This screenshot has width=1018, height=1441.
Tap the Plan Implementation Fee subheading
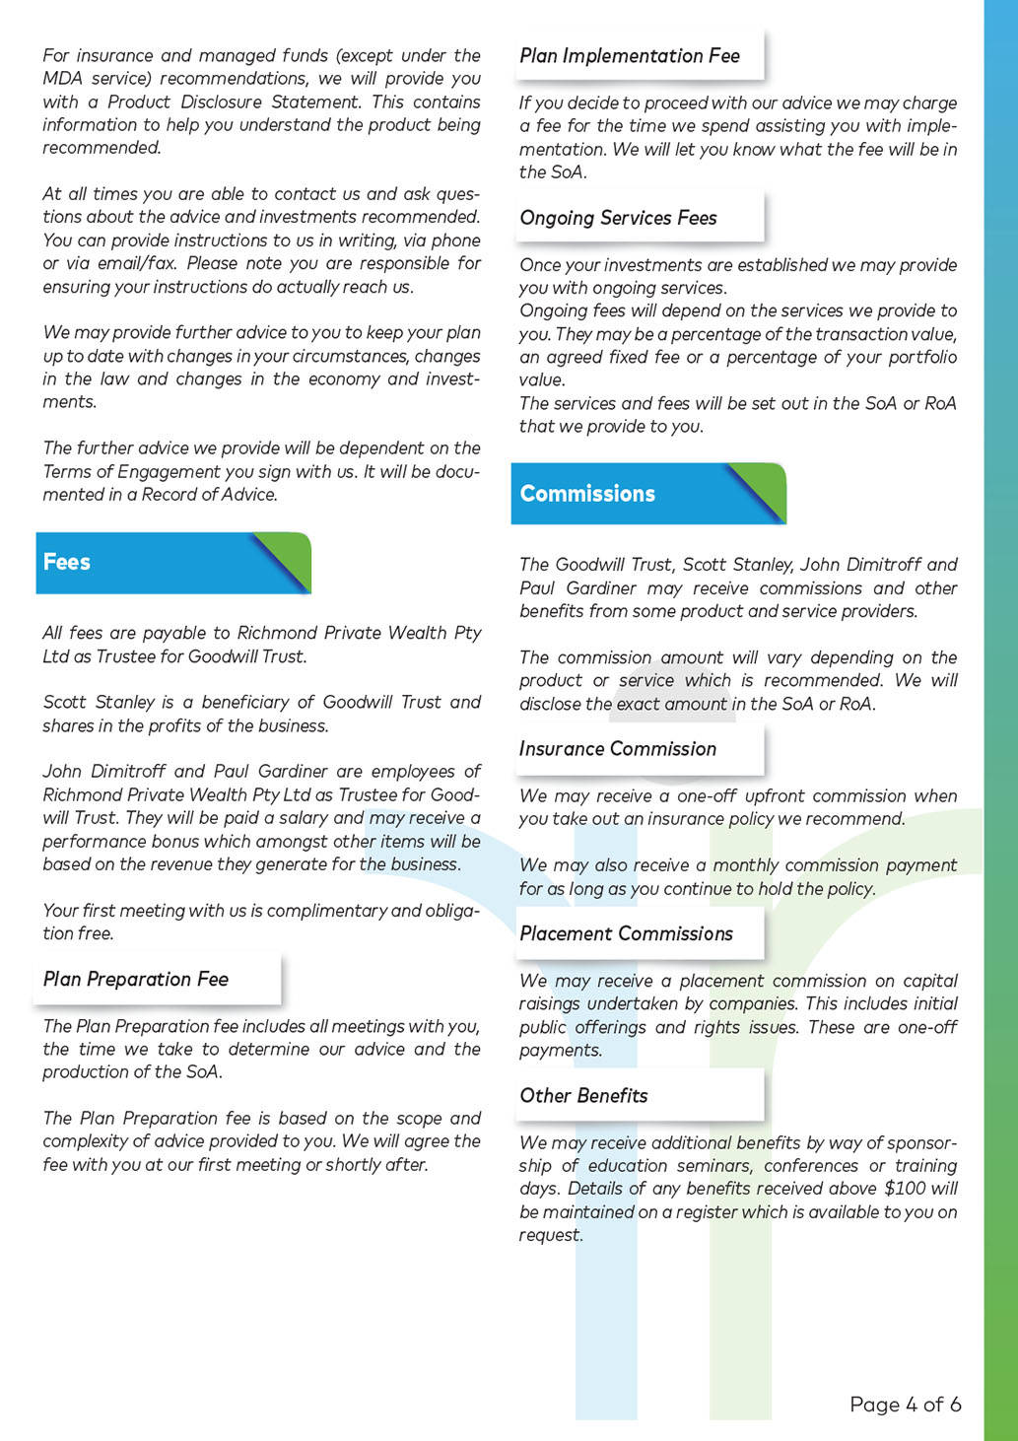(x=630, y=56)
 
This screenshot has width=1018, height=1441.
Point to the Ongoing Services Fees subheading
(x=618, y=218)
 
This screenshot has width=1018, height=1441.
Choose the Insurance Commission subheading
(x=618, y=749)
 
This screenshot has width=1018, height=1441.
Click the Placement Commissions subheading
(x=626, y=933)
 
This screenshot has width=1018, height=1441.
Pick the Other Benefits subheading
(x=583, y=1096)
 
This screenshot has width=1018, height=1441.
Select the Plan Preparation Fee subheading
(x=136, y=980)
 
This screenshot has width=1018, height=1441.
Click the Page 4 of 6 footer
(x=905, y=1405)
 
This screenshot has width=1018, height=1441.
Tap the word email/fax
(x=133, y=263)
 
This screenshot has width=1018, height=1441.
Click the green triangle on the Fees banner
(x=291, y=552)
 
